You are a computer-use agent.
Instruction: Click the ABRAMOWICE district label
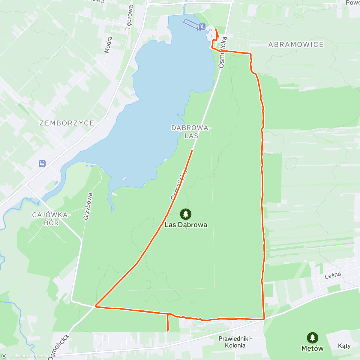(296, 45)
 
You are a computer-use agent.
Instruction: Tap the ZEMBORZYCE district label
(67, 123)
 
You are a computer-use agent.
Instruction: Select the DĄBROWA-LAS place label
(191, 132)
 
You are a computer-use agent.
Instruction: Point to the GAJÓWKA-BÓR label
(51, 219)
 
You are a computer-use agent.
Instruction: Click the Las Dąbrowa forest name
(186, 225)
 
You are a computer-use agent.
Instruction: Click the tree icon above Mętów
(313, 338)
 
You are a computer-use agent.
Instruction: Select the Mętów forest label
(313, 348)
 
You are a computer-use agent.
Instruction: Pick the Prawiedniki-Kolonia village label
(235, 342)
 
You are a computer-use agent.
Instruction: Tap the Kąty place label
(344, 346)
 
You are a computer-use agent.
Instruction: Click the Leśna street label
(333, 275)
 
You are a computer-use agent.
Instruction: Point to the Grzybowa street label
(88, 206)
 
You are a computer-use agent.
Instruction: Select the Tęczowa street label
(129, 17)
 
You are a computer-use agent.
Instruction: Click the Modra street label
(108, 45)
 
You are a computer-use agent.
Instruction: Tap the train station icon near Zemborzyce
(42, 163)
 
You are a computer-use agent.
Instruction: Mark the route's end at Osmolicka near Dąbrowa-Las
(192, 150)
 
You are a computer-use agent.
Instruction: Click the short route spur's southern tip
(167, 331)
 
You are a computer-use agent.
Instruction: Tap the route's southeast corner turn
(264, 319)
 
